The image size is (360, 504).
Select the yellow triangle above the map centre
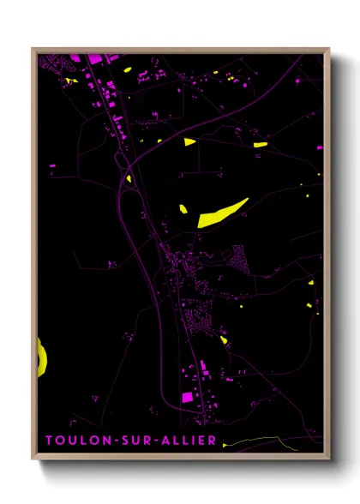pos(189,141)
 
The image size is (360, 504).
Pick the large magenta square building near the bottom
pos(187,396)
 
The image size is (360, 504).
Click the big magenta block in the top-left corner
pos(93,57)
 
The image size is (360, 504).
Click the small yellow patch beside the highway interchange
pos(129,179)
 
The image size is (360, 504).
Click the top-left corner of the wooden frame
pos(33,49)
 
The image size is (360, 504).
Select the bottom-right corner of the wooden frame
pos(328,458)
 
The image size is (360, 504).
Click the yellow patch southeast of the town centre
pos(224,340)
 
